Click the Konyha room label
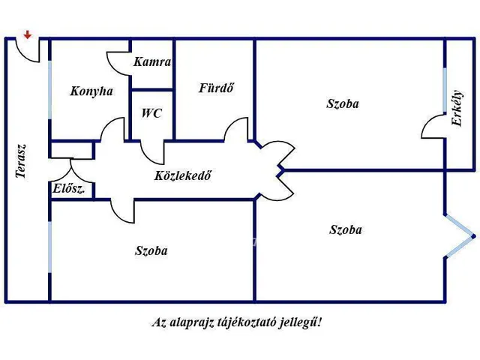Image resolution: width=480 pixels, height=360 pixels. click(x=91, y=91)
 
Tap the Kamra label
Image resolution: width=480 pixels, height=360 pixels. click(x=152, y=62)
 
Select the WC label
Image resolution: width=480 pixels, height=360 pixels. click(x=151, y=114)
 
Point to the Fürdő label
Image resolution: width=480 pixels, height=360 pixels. click(x=216, y=88)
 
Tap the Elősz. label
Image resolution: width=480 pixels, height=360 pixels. click(x=68, y=189)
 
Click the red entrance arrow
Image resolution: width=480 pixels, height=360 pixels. click(x=28, y=34)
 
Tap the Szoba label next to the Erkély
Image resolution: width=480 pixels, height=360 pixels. click(x=342, y=103)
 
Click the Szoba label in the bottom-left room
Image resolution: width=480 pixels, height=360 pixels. click(x=151, y=250)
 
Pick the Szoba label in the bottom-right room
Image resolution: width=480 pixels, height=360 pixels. click(x=345, y=229)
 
